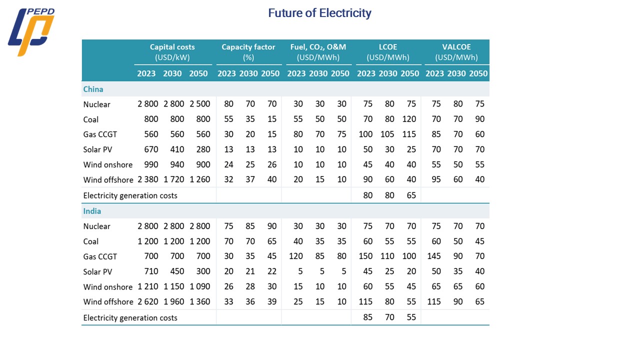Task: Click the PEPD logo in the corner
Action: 31,31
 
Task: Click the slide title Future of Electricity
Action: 319,13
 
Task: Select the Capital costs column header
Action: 172,47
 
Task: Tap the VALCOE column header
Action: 456,47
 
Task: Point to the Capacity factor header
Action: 248,47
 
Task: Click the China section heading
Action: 93,89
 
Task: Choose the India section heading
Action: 92,211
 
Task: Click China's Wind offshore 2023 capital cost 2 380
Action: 148,179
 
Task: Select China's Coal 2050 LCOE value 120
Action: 409,119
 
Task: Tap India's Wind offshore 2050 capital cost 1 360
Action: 199,302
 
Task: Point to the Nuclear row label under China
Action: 97,104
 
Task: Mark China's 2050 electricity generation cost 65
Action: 411,195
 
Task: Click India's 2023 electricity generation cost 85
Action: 367,317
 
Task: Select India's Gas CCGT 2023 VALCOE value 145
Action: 435,256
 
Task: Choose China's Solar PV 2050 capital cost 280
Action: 200,149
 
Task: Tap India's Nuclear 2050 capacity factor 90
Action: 270,226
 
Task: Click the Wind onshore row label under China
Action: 108,164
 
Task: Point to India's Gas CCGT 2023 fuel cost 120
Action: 296,256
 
